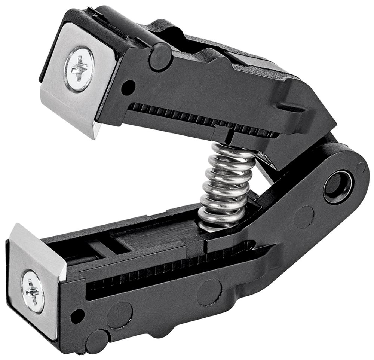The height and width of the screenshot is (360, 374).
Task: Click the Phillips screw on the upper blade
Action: pyautogui.click(x=79, y=69)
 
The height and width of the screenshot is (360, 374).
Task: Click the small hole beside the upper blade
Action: pyautogui.click(x=128, y=86)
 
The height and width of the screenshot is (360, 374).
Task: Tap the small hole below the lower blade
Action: pyautogui.click(x=77, y=317)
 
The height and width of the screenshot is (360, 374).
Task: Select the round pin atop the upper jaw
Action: pyautogui.click(x=160, y=57)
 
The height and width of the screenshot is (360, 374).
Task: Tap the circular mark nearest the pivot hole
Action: pyautogui.click(x=303, y=217)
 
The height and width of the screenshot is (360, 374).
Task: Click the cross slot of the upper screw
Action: pyautogui.click(x=79, y=69)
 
